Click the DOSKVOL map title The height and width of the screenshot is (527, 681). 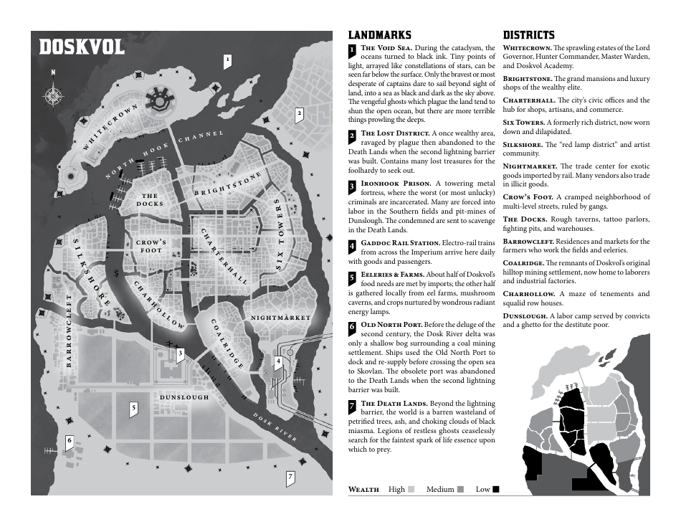pos(82,47)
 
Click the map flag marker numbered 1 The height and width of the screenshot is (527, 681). pos(227,61)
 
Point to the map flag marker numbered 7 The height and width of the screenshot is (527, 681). pos(290,478)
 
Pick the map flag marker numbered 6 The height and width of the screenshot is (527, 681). pos(70,442)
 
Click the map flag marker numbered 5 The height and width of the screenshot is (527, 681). pos(133,409)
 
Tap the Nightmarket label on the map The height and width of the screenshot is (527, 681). pos(280,317)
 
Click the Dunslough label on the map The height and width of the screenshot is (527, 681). pos(184,397)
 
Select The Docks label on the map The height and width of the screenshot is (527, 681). pos(150,199)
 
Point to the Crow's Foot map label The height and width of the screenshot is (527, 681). pos(151,246)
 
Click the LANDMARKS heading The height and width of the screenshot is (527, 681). pos(379,34)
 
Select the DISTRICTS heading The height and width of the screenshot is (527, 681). pos(528,34)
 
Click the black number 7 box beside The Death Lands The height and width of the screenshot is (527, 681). pos(352,407)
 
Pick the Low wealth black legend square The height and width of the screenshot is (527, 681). pos(495,489)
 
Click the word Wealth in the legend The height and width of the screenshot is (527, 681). pos(363,489)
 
